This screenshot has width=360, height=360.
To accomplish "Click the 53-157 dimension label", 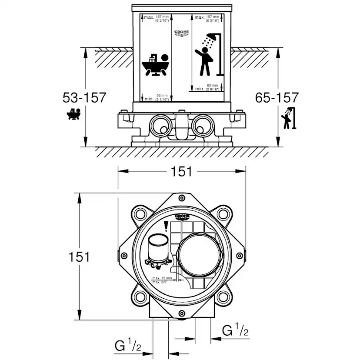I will [84, 97].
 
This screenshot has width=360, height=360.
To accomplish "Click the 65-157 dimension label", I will [277, 97].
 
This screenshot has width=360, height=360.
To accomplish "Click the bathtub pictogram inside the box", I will [154, 65].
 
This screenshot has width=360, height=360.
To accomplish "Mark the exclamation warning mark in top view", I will [166, 227].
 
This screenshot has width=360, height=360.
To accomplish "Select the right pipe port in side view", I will [202, 125].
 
